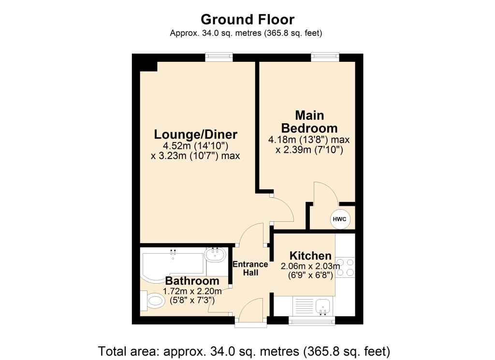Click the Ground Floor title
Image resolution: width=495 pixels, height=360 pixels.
[x=247, y=19]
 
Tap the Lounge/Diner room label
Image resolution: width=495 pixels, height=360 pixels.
[x=196, y=134]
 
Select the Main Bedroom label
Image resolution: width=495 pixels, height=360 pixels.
[x=309, y=122]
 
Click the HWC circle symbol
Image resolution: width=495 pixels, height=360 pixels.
[x=340, y=219]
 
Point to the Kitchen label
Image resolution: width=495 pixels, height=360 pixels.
[x=310, y=256]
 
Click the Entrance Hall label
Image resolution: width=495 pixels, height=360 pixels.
[x=250, y=268]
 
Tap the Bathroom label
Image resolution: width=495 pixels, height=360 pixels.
[x=192, y=281]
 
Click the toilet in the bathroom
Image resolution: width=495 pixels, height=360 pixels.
[x=154, y=302]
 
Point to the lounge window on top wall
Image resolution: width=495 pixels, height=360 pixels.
[x=218, y=57]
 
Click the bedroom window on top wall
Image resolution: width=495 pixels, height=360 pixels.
[x=325, y=57]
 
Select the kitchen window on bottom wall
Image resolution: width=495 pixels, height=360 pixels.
[x=312, y=320]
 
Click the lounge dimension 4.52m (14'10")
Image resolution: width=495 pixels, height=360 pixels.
[x=196, y=145]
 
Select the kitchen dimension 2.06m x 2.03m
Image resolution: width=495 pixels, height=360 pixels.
[x=310, y=266]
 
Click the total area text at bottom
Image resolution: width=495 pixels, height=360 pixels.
[x=244, y=350]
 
